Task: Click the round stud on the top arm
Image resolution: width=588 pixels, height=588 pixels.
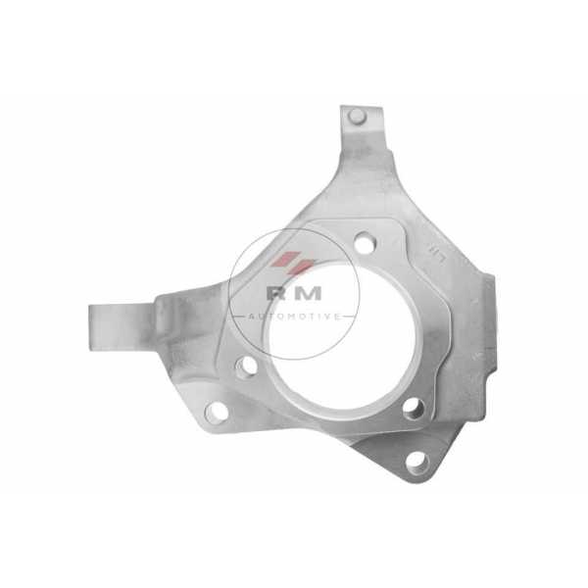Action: (357, 117)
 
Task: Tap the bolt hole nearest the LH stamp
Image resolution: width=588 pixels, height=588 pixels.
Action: (365, 243)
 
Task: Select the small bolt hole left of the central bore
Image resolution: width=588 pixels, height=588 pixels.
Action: (247, 366)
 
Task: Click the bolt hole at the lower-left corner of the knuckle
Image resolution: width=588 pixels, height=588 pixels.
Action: (217, 412)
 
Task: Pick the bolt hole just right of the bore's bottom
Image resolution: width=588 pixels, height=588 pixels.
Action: (414, 409)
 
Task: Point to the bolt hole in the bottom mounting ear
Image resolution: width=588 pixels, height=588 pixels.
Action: (417, 462)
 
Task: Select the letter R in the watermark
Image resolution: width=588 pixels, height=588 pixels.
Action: (275, 293)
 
